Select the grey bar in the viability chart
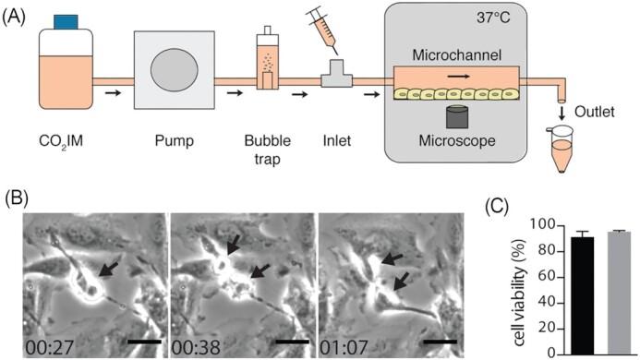pyautogui.click(x=592, y=292)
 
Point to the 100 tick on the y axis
pyautogui.click(x=523, y=226)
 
